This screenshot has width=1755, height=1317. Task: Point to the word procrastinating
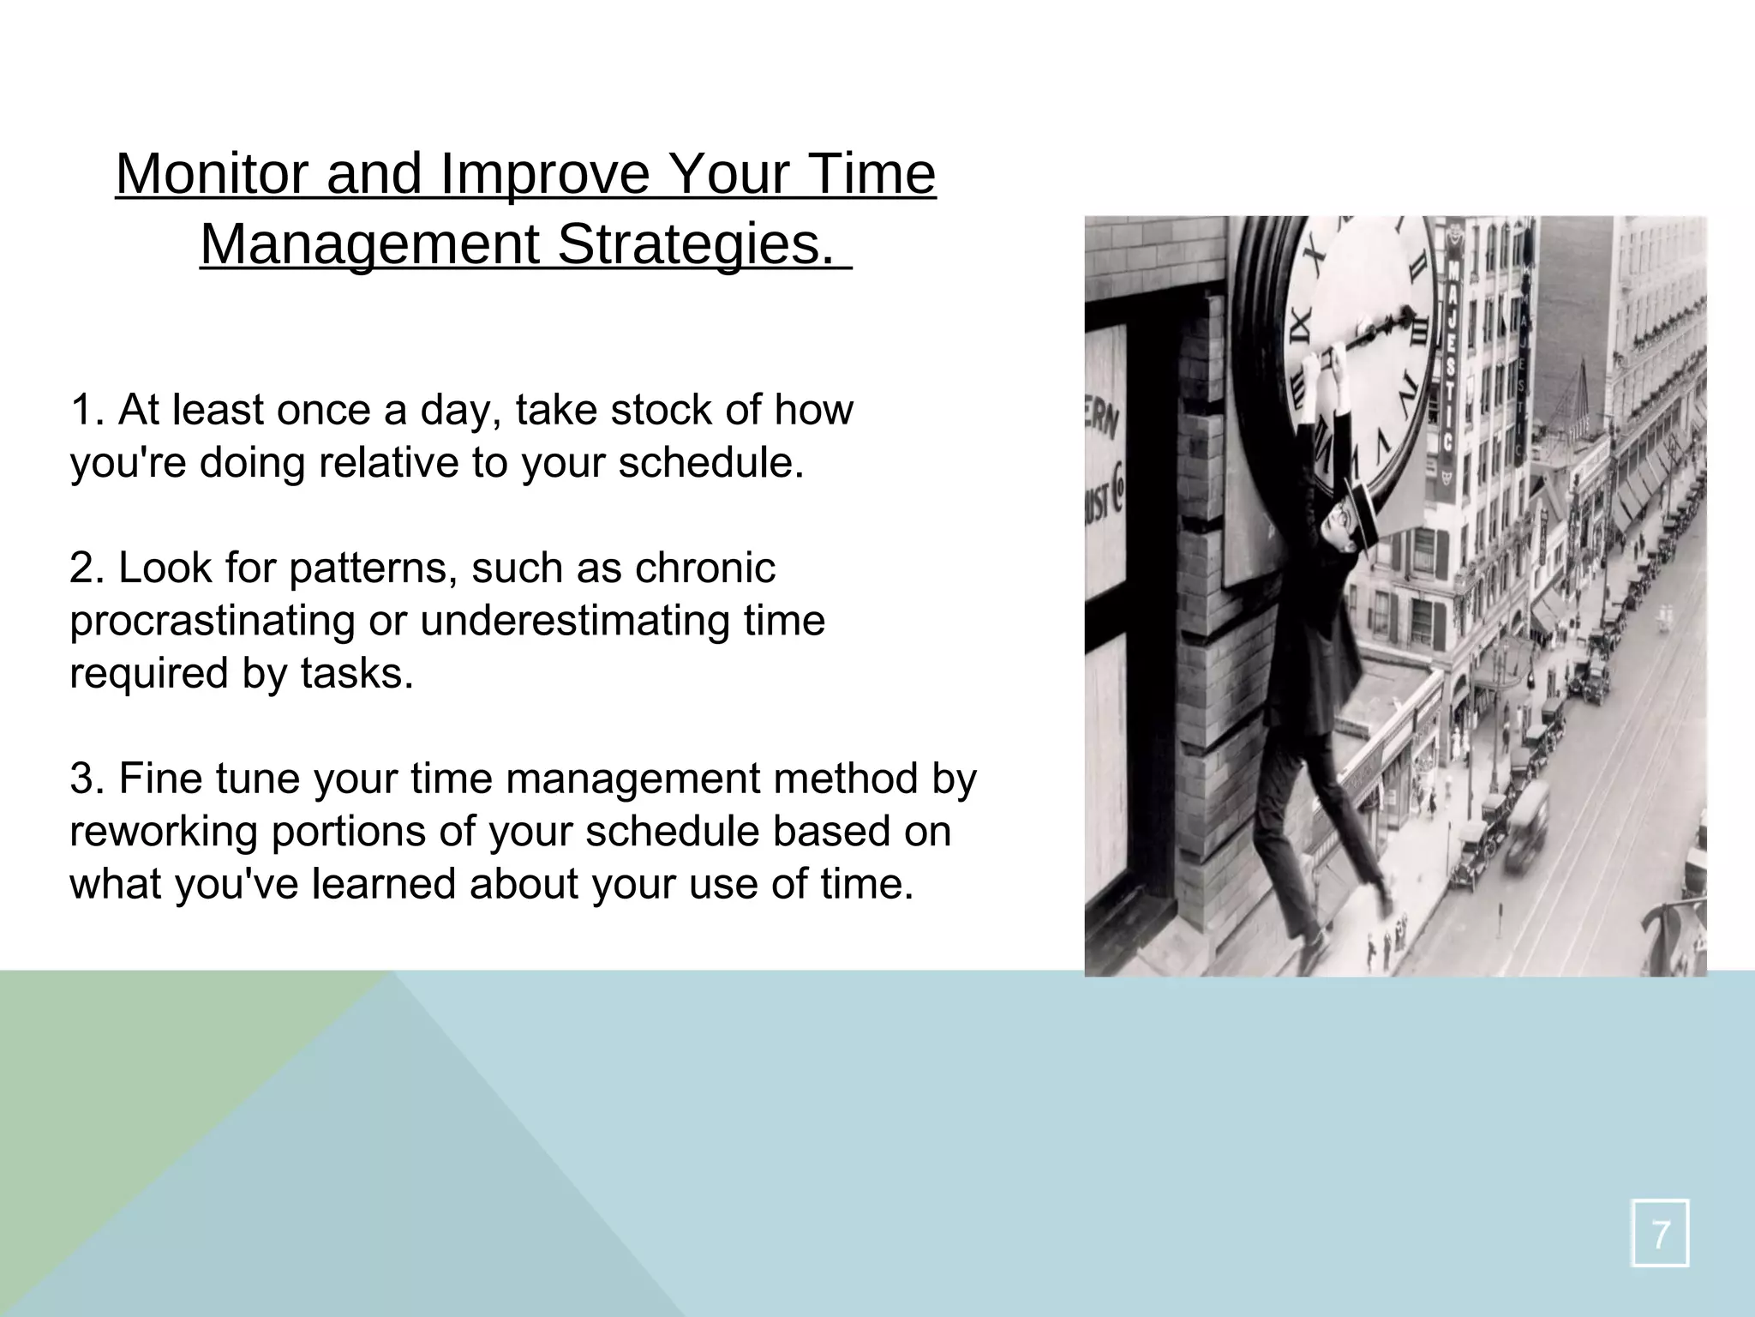(x=212, y=621)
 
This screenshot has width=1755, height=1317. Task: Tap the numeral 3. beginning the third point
(x=87, y=779)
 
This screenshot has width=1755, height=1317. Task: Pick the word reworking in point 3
(x=163, y=832)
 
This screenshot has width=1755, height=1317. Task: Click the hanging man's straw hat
(x=1363, y=513)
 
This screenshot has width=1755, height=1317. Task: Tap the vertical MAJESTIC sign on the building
(x=1450, y=360)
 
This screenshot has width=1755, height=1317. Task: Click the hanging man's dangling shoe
(x=1385, y=902)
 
